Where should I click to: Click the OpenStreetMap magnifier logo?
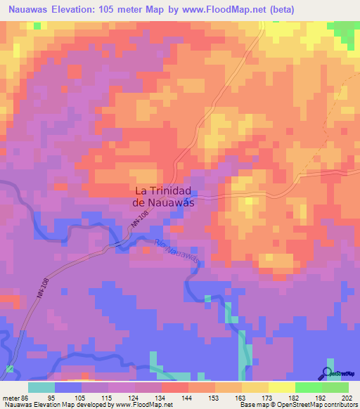[x=328, y=373]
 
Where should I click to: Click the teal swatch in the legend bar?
[x=41, y=387]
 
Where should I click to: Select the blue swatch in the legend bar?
[x=68, y=387]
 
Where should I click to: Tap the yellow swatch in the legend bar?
[x=281, y=387]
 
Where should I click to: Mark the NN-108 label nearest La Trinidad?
[x=139, y=228]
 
